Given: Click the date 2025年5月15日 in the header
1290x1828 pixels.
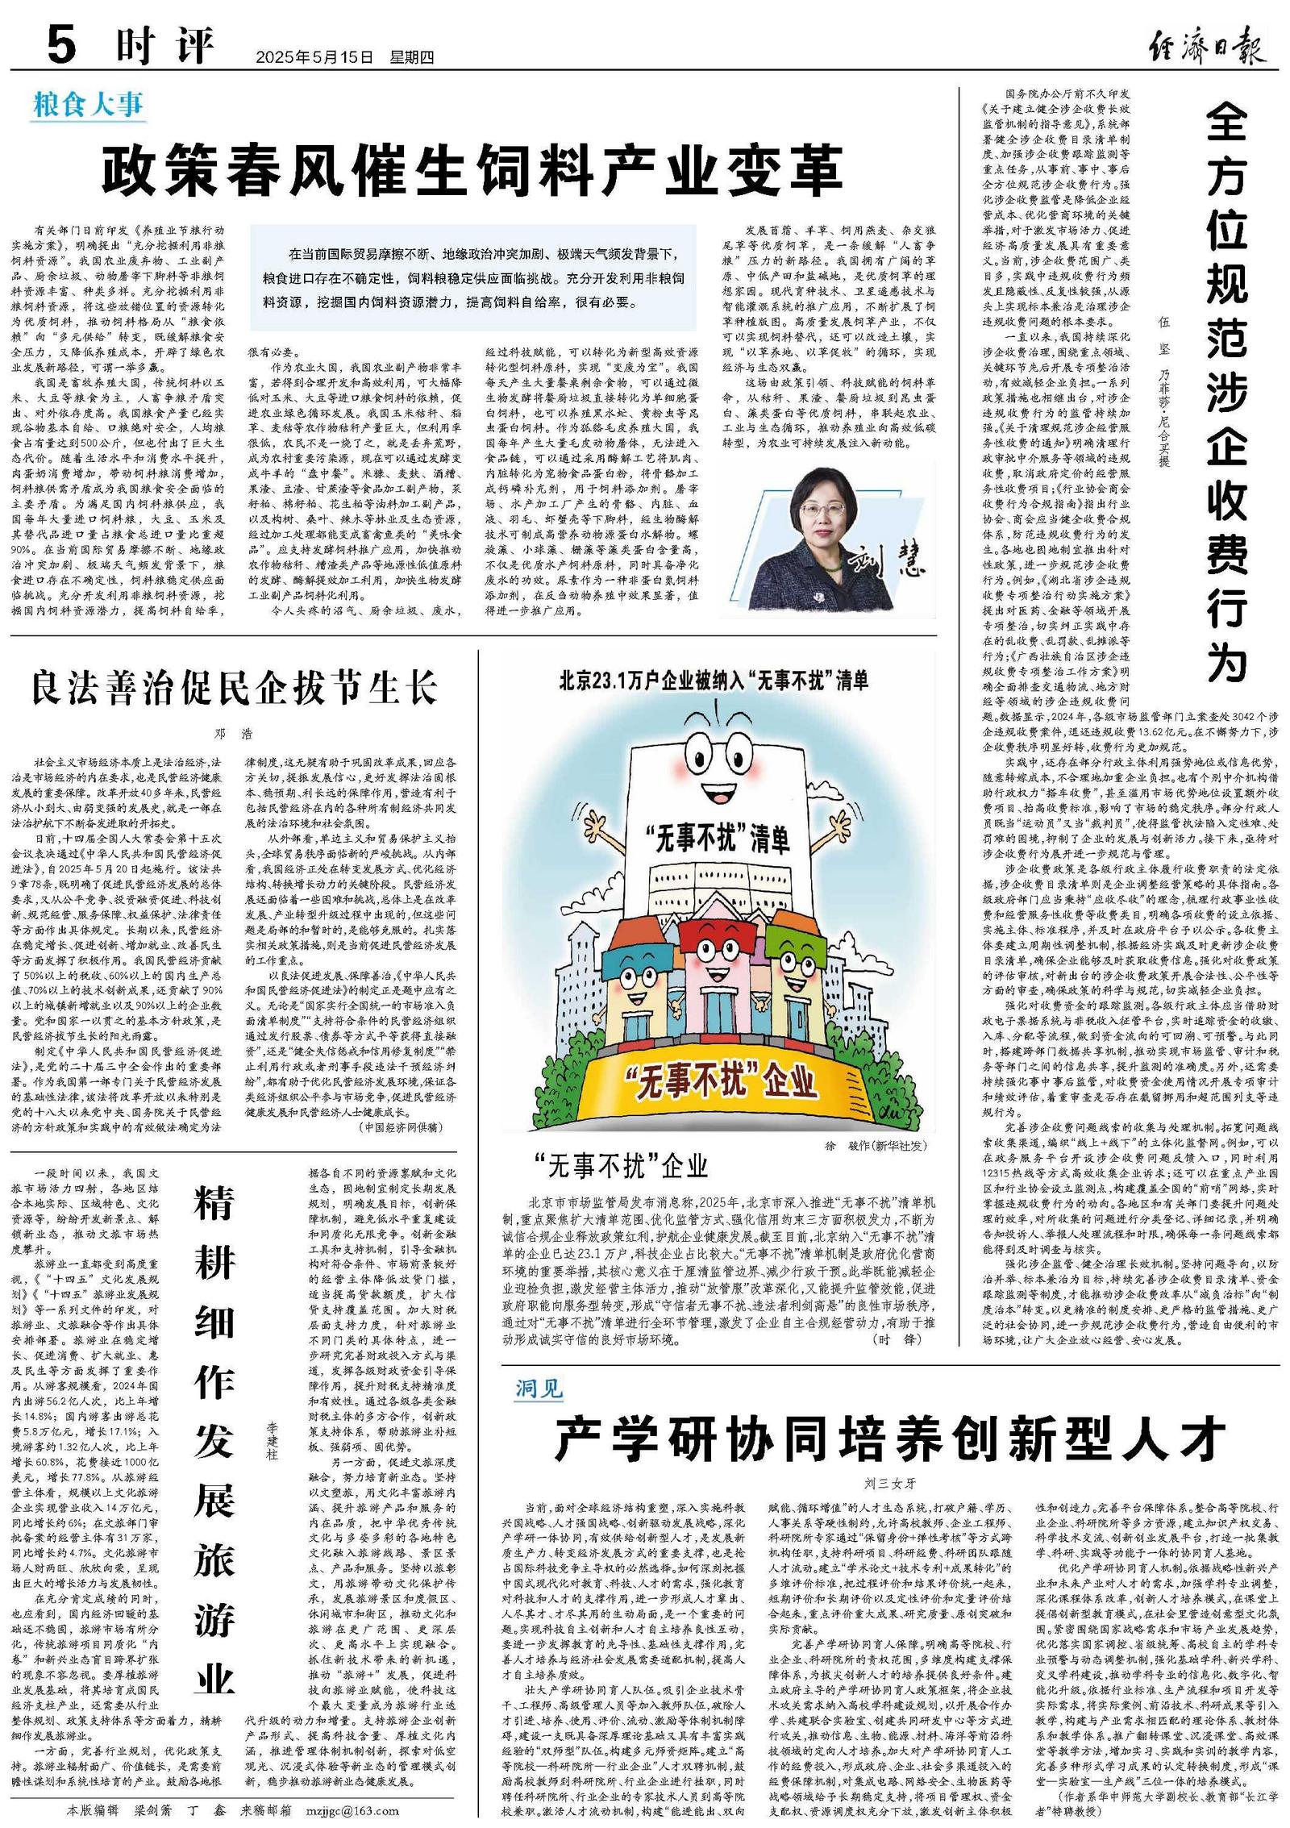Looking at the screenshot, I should [315, 57].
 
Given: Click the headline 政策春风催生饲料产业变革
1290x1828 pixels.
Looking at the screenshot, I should [472, 169].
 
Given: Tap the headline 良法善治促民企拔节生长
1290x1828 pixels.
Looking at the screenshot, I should [234, 688].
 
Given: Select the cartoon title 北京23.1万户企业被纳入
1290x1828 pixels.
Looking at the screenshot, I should [714, 681].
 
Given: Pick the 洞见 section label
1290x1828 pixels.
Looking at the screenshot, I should [539, 1388].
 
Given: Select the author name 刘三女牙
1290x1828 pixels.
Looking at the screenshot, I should [890, 1484].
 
